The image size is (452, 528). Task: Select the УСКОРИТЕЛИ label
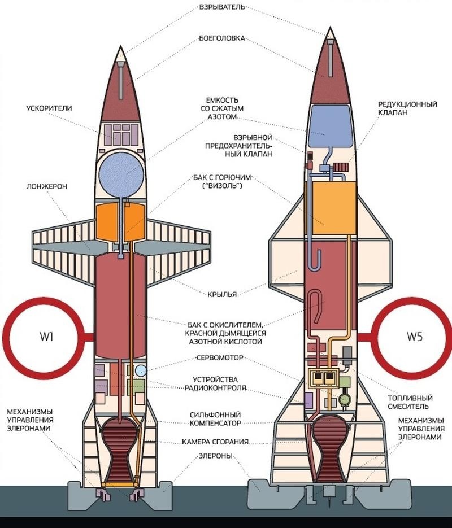[49, 108]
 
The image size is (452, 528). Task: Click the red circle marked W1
[46, 338]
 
